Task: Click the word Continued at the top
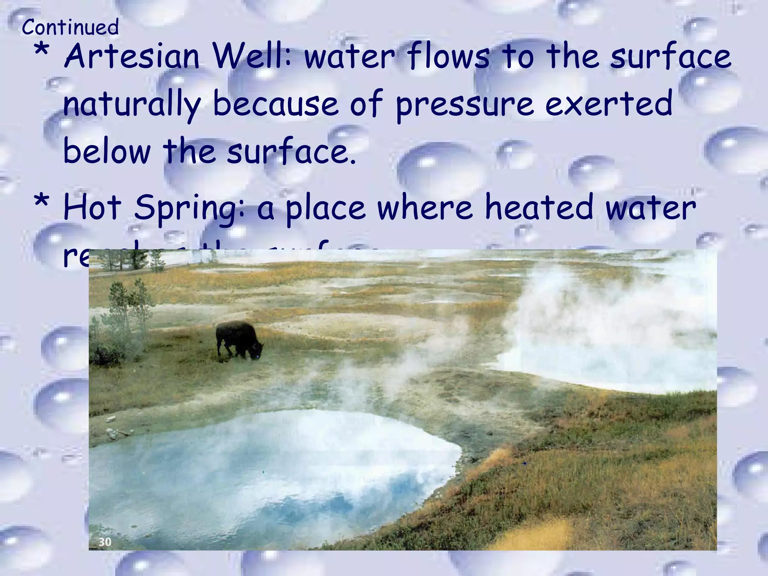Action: [70, 27]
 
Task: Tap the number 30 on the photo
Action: [105, 541]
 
